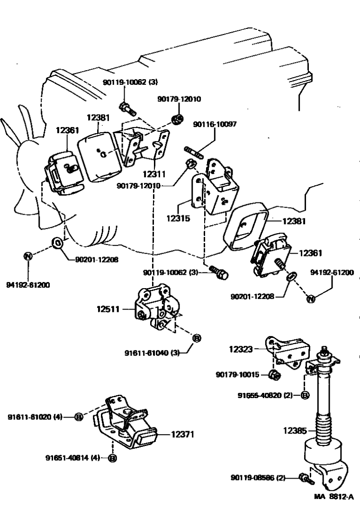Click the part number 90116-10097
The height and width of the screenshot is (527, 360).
(x=215, y=125)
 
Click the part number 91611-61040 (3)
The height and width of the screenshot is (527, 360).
(x=156, y=353)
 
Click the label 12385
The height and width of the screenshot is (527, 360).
(x=295, y=431)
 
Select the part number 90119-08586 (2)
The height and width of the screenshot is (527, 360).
(x=259, y=478)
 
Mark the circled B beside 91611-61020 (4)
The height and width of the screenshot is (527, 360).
(x=79, y=417)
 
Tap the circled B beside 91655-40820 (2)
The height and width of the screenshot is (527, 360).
(x=306, y=395)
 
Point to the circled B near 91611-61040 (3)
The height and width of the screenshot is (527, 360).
(x=197, y=338)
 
